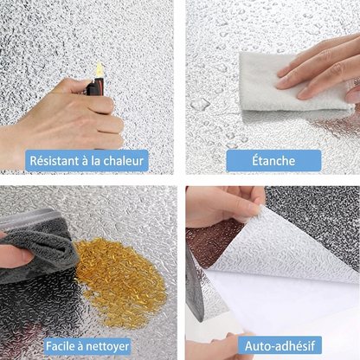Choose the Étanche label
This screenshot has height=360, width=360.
[273, 160]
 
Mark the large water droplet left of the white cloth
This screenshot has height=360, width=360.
[200, 104]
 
